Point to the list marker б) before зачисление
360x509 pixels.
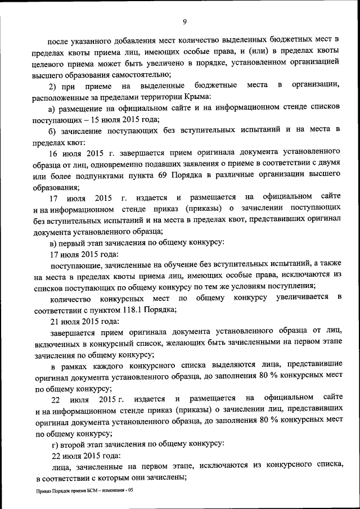[52, 130]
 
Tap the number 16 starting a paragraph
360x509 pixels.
[54, 152]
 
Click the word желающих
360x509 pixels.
[182, 344]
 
